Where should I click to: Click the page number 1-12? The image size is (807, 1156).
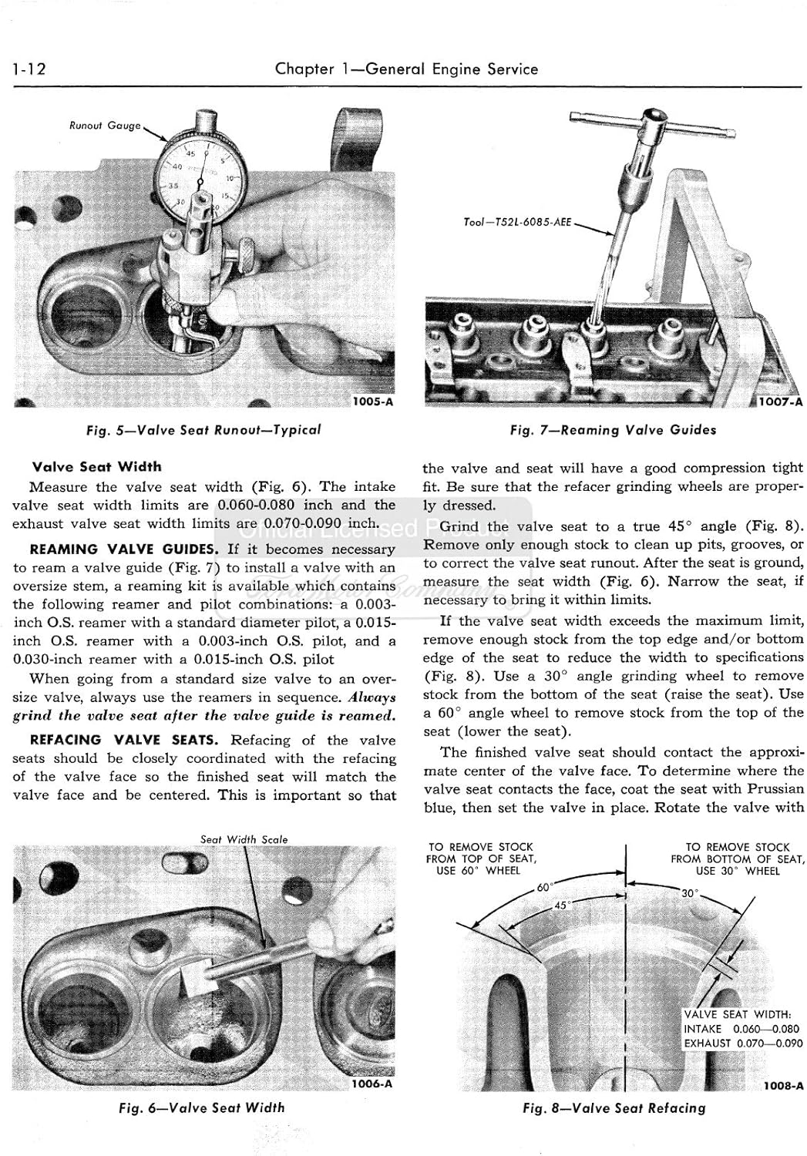[30, 69]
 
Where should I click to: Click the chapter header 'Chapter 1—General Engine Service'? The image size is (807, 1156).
[406, 69]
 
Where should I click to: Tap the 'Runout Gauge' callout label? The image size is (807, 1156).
[105, 126]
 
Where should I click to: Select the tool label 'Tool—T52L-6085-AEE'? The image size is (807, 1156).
[517, 222]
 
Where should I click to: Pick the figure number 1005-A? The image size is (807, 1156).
[372, 402]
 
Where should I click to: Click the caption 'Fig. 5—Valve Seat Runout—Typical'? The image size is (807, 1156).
[203, 430]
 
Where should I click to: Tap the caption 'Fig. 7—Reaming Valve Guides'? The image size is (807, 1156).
[613, 430]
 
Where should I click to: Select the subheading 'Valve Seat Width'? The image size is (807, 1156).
[97, 466]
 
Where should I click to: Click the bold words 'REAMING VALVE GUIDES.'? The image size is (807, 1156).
[124, 549]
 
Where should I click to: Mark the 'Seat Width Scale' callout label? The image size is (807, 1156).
[244, 839]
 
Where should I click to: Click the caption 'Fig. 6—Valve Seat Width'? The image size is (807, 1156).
[202, 1107]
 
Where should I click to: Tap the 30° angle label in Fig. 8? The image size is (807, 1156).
[689, 893]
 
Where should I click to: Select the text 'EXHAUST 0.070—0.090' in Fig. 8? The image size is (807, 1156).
[743, 1043]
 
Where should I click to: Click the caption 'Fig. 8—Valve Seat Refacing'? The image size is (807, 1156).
[614, 1108]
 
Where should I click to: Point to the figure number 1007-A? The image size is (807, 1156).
[781, 402]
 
